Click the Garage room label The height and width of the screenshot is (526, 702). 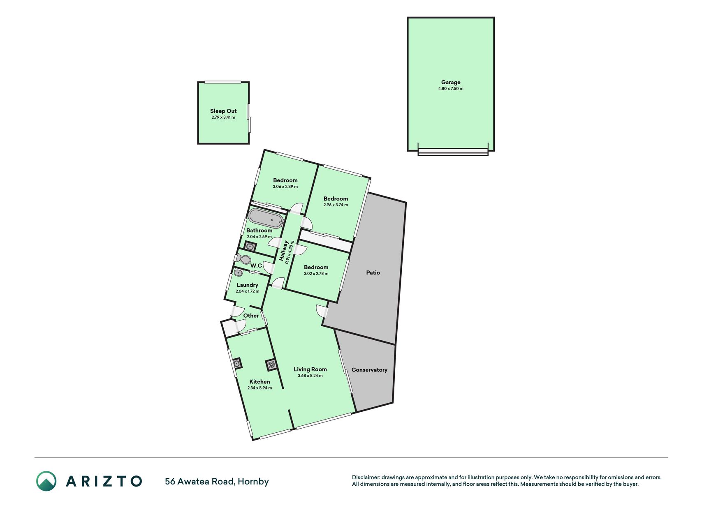451,82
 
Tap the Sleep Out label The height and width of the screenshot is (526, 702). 223,111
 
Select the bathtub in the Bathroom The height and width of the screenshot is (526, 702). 266,219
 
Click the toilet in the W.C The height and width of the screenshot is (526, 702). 243,259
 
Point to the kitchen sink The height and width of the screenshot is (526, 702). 237,363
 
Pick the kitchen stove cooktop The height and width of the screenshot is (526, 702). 271,365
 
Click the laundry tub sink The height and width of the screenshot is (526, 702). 239,272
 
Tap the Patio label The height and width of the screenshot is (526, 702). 373,272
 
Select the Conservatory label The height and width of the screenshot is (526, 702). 369,370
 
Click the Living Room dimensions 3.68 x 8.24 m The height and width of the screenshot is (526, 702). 310,376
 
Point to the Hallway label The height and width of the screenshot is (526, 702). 283,251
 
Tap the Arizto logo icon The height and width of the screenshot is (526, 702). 46,481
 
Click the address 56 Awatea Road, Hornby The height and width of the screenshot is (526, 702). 217,481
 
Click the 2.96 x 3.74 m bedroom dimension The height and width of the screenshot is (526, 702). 336,205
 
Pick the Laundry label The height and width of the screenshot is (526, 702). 248,285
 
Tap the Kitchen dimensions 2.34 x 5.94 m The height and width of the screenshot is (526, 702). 259,388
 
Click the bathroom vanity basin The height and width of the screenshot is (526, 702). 250,247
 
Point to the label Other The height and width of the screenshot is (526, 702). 251,316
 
